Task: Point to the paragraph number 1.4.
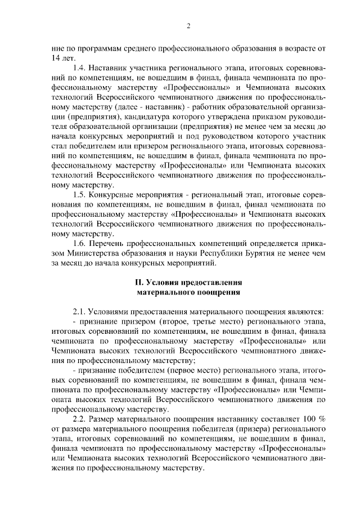pyautogui.click(x=80, y=68)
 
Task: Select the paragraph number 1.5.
pyautogui.click(x=80, y=194)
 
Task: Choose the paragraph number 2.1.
pyautogui.click(x=80, y=310)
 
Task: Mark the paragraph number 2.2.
pyautogui.click(x=80, y=420)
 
